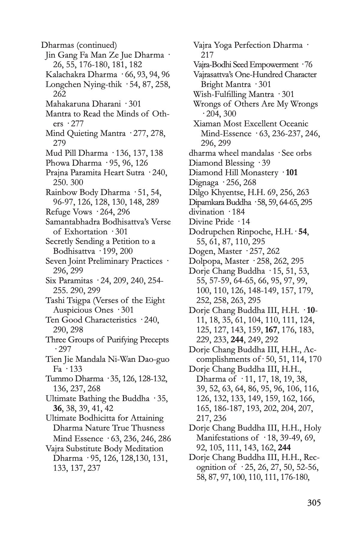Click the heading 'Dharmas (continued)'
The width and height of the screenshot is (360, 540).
tap(79, 45)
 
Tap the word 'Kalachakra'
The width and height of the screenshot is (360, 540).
tap(64, 74)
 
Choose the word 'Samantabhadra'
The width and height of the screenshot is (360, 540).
tap(74, 222)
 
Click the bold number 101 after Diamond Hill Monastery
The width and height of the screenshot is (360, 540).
tap(292, 173)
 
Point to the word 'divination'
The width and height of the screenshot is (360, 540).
tap(206, 212)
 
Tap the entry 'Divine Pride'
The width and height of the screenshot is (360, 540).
tap(211, 222)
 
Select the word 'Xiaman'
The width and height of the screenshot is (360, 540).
tap(207, 124)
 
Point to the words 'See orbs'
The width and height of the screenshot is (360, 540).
tap(296, 153)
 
